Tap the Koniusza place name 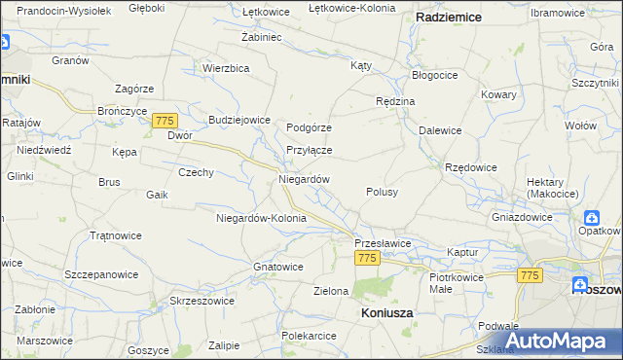click(x=386, y=313)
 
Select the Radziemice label click(x=451, y=18)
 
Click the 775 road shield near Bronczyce click(x=164, y=120)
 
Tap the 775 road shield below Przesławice click(x=366, y=258)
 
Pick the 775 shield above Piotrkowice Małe click(x=530, y=276)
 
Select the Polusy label click(x=382, y=193)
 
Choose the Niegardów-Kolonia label click(x=261, y=218)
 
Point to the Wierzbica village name click(x=227, y=68)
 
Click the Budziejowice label click(x=238, y=120)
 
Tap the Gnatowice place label click(x=278, y=266)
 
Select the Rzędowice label click(x=471, y=167)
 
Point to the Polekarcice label click(x=309, y=336)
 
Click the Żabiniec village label click(x=261, y=36)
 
